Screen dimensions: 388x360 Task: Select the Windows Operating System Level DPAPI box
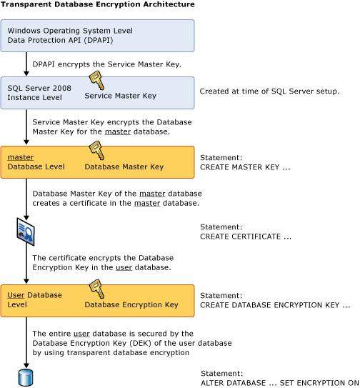click(x=97, y=36)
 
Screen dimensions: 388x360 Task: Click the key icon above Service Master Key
click(x=95, y=81)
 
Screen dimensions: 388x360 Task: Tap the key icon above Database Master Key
click(x=95, y=150)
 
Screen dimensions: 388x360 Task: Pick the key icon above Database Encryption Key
click(x=95, y=289)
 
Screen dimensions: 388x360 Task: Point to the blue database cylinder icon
click(x=26, y=376)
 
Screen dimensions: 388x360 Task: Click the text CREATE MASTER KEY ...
click(x=244, y=166)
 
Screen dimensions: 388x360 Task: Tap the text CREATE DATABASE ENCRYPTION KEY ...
click(x=275, y=305)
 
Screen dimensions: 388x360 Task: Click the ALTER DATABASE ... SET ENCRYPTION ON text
click(x=279, y=382)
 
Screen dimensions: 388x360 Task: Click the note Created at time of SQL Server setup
click(x=269, y=91)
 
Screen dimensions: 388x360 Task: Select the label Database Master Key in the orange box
click(x=124, y=166)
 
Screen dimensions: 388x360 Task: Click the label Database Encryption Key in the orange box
click(x=131, y=305)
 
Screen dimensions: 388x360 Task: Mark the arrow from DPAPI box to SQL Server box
click(x=26, y=64)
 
